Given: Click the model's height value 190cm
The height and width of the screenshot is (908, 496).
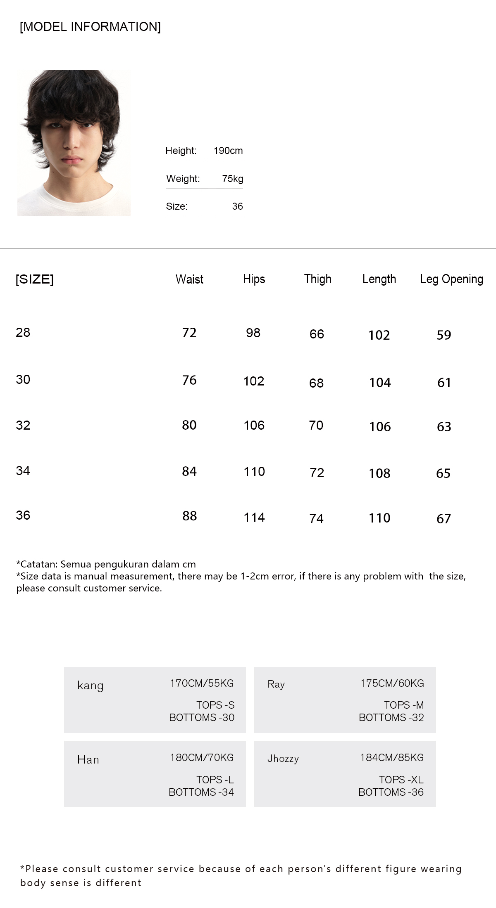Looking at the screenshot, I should pyautogui.click(x=228, y=151).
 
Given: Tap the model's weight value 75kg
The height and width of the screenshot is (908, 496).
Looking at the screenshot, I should pyautogui.click(x=232, y=179).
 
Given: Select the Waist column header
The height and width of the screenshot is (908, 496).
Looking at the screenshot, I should pyautogui.click(x=189, y=279).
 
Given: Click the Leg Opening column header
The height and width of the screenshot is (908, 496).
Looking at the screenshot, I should pyautogui.click(x=451, y=279).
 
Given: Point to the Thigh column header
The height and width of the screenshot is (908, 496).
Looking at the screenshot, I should pyautogui.click(x=317, y=279).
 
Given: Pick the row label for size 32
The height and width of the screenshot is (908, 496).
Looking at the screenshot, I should pyautogui.click(x=23, y=426).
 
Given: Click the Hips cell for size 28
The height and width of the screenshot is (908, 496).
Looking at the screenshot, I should pyautogui.click(x=253, y=333).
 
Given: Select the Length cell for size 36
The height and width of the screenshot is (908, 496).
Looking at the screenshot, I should pyautogui.click(x=379, y=518).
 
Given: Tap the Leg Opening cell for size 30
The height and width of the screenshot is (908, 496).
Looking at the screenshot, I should pyautogui.click(x=444, y=383).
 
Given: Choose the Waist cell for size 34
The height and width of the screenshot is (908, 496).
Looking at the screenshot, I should pyautogui.click(x=189, y=471).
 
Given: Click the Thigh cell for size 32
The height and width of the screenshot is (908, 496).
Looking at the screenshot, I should pyautogui.click(x=316, y=426).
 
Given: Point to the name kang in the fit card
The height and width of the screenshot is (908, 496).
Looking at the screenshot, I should pyautogui.click(x=90, y=686).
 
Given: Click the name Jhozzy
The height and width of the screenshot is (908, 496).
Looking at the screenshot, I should pyautogui.click(x=283, y=759).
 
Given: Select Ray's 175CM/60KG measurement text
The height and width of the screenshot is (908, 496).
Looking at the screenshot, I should pyautogui.click(x=392, y=683).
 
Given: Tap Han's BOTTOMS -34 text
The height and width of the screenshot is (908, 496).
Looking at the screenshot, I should pyautogui.click(x=201, y=792).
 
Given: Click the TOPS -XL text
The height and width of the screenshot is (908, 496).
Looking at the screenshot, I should pyautogui.click(x=401, y=780).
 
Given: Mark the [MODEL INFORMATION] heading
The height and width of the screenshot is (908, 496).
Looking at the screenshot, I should pyautogui.click(x=90, y=27).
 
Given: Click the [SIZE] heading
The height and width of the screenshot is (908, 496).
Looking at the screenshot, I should pyautogui.click(x=35, y=279).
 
